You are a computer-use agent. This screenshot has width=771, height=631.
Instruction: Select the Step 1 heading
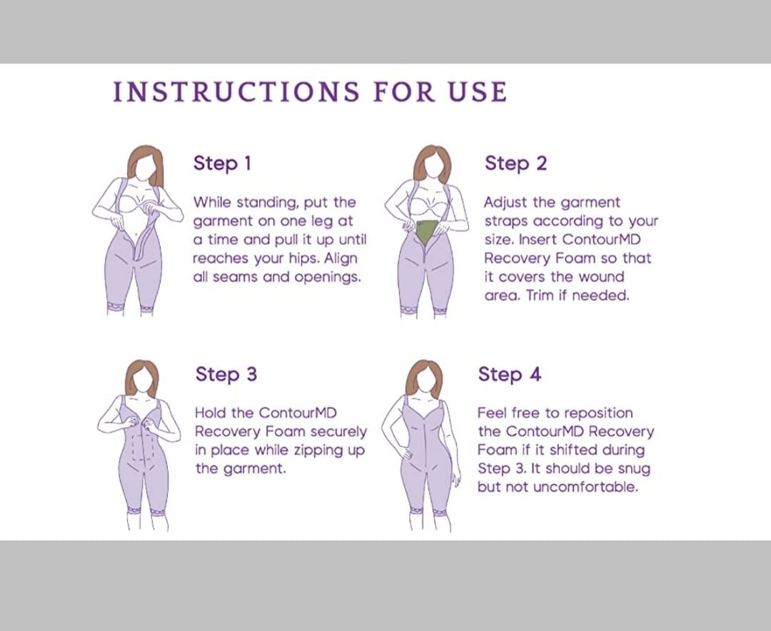[x=222, y=163]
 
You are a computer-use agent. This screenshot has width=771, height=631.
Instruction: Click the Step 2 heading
[x=515, y=163]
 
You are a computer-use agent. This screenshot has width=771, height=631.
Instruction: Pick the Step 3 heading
[x=226, y=374]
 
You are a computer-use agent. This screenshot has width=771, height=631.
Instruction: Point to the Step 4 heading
[x=510, y=374]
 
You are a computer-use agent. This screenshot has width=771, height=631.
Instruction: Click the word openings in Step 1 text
[x=328, y=278]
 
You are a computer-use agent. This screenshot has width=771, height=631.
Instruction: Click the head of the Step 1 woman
[x=146, y=163]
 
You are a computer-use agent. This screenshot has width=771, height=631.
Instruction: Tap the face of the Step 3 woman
[x=143, y=379]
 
